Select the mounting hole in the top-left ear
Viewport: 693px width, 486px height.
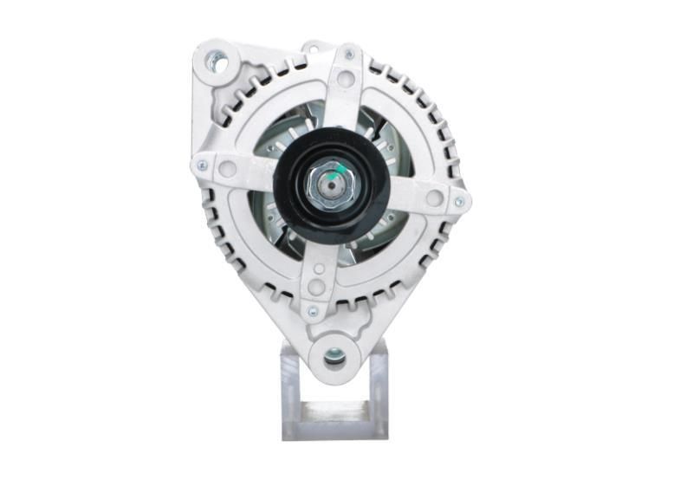coord(216,62)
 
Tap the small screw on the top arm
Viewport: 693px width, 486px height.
coord(349,55)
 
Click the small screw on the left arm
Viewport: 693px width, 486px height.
coord(202,165)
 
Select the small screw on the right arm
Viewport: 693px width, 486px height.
coord(460,202)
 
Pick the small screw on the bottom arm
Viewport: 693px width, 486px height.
coord(313,307)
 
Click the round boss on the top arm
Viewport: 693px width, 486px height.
coord(346,80)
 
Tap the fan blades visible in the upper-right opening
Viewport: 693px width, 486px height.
coord(385,139)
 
